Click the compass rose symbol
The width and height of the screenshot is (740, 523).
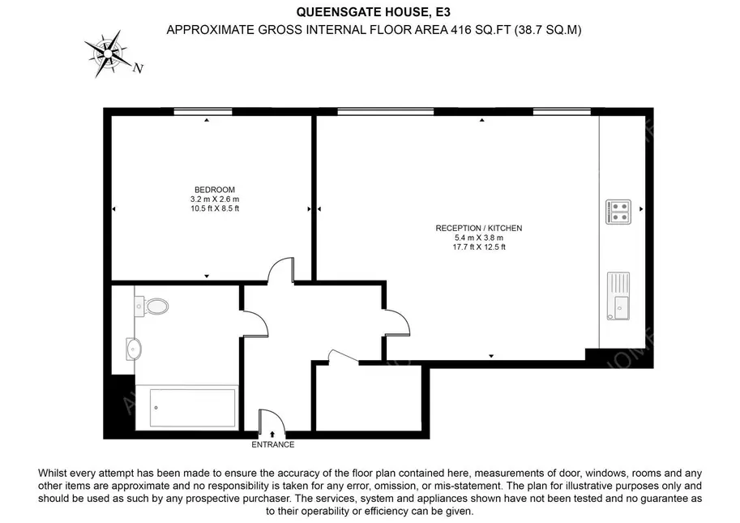click(107, 53)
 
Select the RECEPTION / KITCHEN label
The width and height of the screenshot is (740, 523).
click(478, 229)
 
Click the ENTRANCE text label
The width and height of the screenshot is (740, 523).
click(273, 444)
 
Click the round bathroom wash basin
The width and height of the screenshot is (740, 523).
click(135, 349)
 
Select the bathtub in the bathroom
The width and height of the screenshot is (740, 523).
click(194, 406)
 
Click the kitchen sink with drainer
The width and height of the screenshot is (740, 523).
click(618, 297)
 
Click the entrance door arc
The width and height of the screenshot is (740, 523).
click(272, 420)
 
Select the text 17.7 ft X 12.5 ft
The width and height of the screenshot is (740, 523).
click(478, 247)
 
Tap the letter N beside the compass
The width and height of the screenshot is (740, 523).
click(139, 69)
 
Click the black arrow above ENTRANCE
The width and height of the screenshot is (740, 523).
click(272, 435)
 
